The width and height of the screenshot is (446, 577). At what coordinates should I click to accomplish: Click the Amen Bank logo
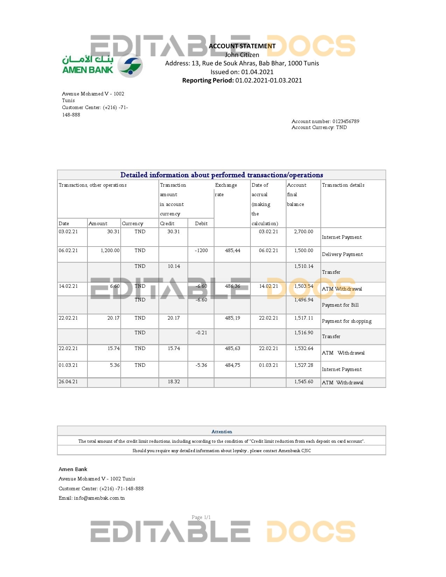click(102, 65)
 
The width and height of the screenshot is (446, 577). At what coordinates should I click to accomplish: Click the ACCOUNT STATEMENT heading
click(242, 46)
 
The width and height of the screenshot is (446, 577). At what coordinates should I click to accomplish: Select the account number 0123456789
click(346, 121)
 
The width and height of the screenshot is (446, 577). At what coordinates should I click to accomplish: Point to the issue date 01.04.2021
click(257, 72)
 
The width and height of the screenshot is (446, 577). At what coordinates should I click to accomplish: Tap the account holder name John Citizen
click(242, 55)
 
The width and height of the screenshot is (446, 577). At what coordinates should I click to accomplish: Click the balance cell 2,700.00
click(304, 231)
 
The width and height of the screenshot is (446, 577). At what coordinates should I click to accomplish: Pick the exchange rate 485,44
click(233, 250)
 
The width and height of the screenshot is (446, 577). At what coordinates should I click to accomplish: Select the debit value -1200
click(201, 250)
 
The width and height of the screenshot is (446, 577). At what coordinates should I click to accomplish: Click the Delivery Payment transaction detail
click(342, 254)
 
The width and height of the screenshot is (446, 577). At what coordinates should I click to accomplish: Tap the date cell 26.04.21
click(68, 382)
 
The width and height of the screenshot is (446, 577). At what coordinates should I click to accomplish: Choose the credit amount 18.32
click(174, 382)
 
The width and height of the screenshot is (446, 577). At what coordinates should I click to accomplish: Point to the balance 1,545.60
click(304, 382)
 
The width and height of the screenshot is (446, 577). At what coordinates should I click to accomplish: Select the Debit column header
click(201, 223)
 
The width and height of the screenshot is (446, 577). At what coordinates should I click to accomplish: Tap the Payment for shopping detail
click(347, 321)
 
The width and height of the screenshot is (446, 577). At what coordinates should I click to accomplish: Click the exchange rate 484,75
click(233, 365)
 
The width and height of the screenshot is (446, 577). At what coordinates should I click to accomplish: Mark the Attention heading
click(221, 432)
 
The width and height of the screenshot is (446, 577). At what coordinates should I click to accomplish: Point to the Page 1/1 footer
click(201, 517)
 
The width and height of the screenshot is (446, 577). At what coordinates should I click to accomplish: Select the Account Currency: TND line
click(319, 127)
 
